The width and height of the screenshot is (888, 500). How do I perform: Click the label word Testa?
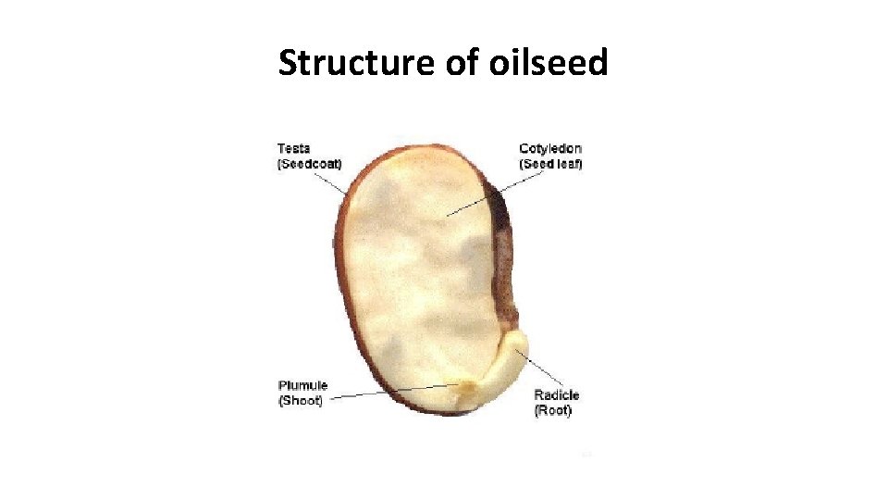pyautogui.click(x=294, y=148)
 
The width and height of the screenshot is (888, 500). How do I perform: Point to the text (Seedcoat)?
pyautogui.click(x=310, y=164)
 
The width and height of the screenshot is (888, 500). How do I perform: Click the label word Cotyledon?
pyautogui.click(x=550, y=148)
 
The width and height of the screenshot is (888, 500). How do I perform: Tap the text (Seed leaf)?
pyautogui.click(x=550, y=164)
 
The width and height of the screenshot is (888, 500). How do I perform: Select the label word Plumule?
pyautogui.click(x=302, y=385)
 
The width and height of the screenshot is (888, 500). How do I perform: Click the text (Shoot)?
pyautogui.click(x=301, y=401)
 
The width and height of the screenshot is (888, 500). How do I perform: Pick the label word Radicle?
pyautogui.click(x=557, y=394)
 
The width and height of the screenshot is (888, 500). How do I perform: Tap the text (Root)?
pyautogui.click(x=553, y=410)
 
